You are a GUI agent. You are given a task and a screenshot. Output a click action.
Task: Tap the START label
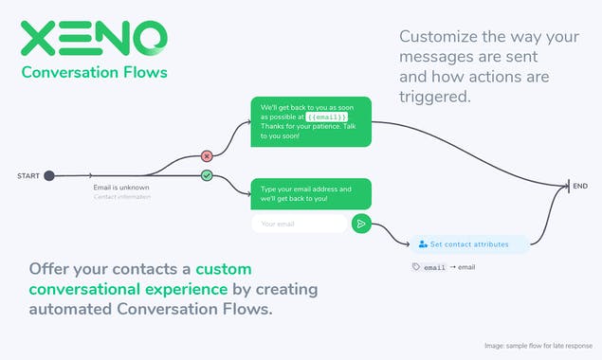(27, 175)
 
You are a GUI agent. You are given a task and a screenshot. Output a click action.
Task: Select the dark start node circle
(49, 175)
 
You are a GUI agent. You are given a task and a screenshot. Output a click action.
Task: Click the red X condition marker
(207, 155)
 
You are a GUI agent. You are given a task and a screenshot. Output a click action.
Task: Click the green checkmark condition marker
(207, 175)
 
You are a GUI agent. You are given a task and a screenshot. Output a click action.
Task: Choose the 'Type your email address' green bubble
(310, 193)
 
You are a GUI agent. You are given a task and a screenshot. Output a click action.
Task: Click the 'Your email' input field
(298, 224)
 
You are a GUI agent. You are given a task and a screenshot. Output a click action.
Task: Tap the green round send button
(360, 224)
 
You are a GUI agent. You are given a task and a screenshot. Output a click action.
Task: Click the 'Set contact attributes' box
(470, 243)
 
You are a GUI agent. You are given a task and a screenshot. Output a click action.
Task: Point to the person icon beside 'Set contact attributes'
(423, 243)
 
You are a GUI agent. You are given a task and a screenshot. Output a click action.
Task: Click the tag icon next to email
(415, 267)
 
